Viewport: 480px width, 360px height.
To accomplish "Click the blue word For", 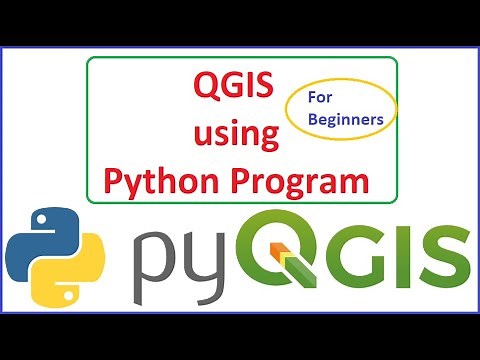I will point(320,98).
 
